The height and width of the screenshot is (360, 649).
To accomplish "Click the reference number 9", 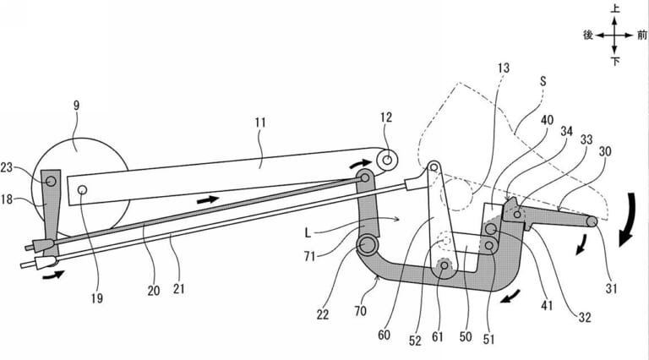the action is coord(76,106).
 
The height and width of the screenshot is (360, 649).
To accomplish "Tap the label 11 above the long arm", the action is coord(260,123).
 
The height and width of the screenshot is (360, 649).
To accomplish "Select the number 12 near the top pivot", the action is coord(385,117).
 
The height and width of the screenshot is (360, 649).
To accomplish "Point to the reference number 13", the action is coord(504,68).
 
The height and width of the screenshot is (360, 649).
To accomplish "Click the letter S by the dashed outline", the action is coord(543,81).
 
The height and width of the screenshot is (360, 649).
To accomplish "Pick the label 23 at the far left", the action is coord(7,167).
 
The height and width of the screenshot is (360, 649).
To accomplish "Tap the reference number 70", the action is coord(360,310).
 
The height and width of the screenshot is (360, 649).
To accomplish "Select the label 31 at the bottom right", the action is coord(611,288).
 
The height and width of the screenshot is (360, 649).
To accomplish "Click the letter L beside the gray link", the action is coord(308,232).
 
